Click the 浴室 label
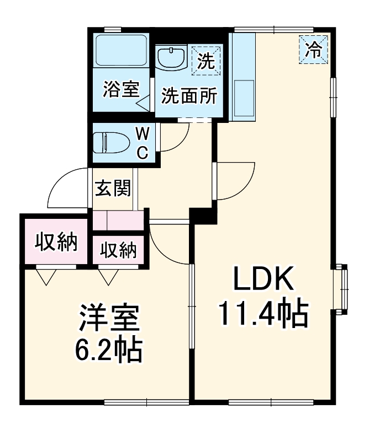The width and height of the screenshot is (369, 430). [x=120, y=89]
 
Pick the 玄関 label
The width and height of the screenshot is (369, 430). [x=113, y=189]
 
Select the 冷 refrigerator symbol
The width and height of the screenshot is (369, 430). [x=314, y=50]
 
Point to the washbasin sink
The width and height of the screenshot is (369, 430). [x=172, y=58]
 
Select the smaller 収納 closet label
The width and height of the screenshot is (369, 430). [x=118, y=250]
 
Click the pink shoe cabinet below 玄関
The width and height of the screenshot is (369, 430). [x=118, y=220]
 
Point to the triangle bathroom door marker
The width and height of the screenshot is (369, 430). [x=143, y=103]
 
